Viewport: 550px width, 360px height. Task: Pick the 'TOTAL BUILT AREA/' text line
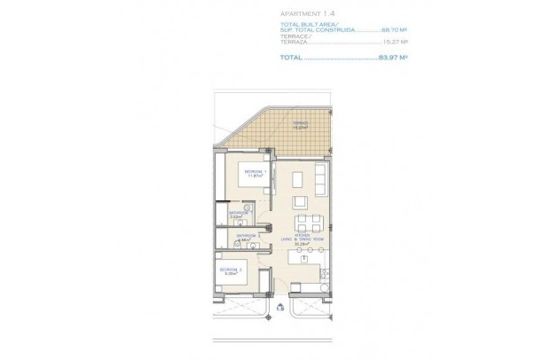pos(305,24)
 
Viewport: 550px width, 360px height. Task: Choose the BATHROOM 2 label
pos(246,235)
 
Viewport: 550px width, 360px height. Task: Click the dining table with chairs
pos(305,221)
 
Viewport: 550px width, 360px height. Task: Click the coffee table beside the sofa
pos(296,181)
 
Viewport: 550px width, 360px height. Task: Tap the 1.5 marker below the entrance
pos(280,309)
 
